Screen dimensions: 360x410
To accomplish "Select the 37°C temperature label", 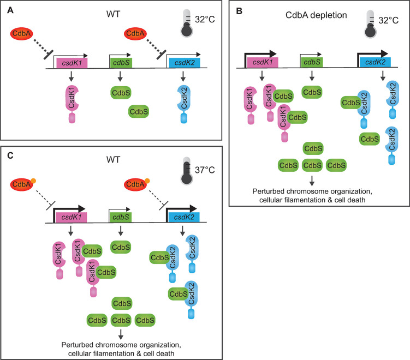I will [200, 170].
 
